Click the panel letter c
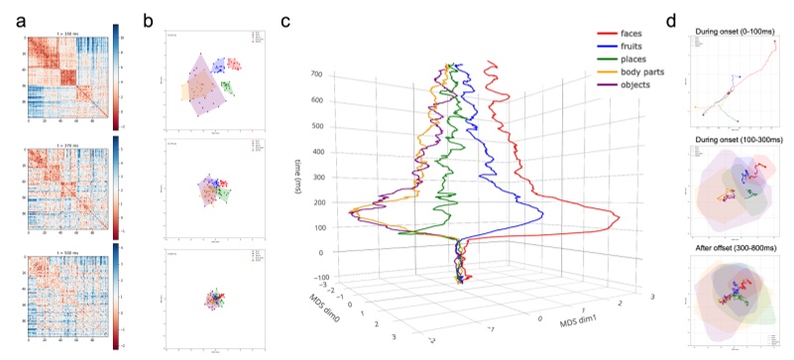point(286,17)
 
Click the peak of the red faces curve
point(618,217)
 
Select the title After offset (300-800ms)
point(732,247)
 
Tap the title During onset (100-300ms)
point(732,140)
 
